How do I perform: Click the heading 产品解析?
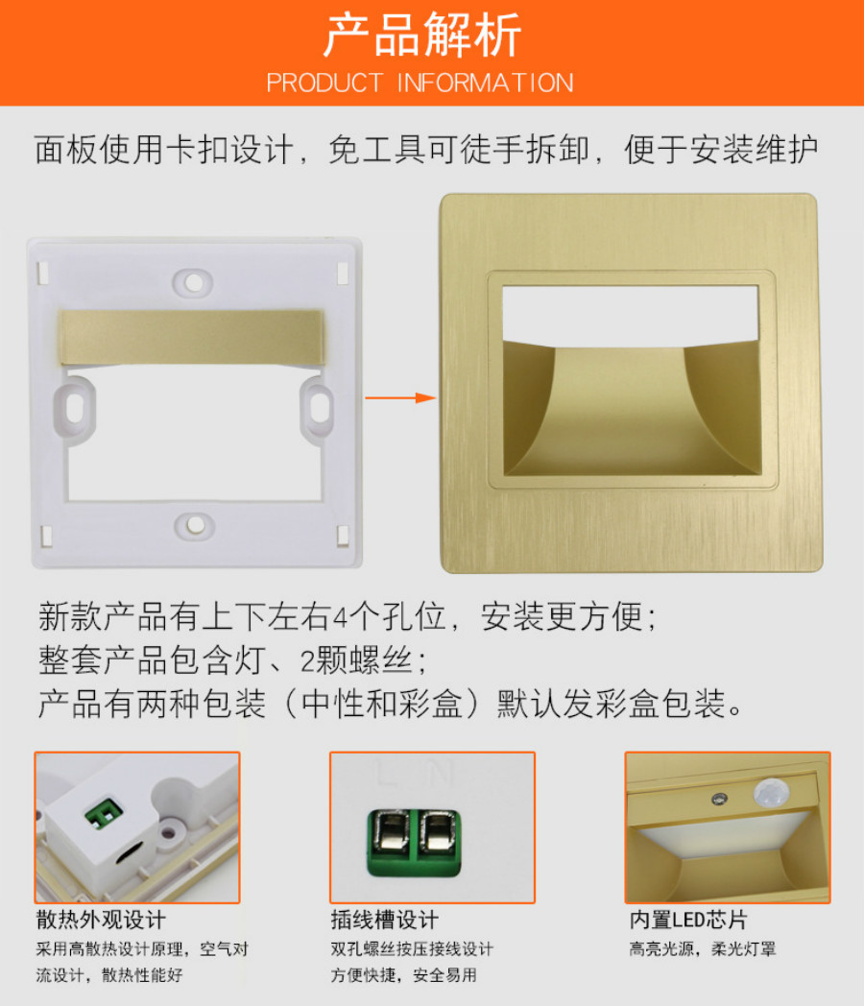(422, 36)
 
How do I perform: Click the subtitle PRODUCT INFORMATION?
(420, 83)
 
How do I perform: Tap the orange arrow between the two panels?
(400, 397)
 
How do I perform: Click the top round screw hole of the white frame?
(193, 282)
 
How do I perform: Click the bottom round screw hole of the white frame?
(194, 526)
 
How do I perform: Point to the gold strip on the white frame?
(191, 338)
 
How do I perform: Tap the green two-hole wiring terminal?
(414, 843)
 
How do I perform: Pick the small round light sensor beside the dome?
(719, 799)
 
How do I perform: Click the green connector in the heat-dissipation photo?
(104, 813)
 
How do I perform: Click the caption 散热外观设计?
(101, 920)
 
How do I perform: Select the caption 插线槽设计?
(384, 920)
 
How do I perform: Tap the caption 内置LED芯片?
(687, 920)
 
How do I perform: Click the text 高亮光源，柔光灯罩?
(703, 949)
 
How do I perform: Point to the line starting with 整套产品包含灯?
(232, 660)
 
